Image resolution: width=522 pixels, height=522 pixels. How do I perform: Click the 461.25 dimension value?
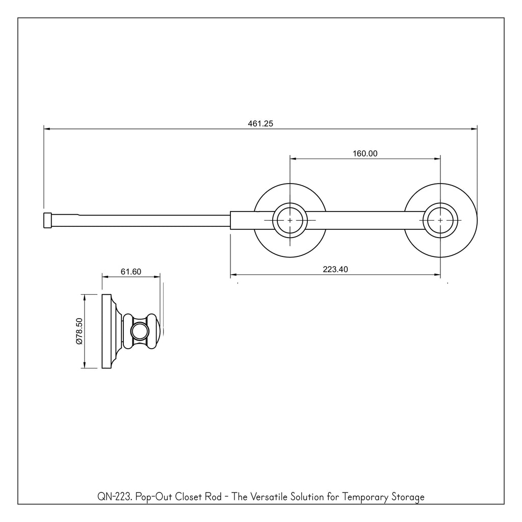[260, 123]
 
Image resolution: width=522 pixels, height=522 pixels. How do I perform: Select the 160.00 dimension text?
[365, 153]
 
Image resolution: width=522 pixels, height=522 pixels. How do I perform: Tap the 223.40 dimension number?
[335, 269]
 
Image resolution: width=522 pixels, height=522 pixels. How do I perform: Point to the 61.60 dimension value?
[131, 272]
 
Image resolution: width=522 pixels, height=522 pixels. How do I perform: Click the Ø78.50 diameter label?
[79, 331]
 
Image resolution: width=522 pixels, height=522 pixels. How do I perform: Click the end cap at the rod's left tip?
[47, 220]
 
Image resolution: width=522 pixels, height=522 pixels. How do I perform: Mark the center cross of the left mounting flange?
[290, 220]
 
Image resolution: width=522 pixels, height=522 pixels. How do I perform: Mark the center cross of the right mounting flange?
[440, 220]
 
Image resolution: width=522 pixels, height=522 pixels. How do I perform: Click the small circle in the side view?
[140, 331]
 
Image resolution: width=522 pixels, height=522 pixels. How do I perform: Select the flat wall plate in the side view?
[107, 331]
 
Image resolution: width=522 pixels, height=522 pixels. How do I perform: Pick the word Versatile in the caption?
[268, 497]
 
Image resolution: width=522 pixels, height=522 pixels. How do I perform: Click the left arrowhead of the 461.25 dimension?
[46, 129]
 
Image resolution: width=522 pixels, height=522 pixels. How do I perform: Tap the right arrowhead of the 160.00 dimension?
[437, 159]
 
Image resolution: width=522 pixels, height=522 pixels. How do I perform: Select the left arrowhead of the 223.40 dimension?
[233, 275]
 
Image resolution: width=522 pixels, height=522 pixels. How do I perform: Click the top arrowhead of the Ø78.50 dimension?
[85, 297]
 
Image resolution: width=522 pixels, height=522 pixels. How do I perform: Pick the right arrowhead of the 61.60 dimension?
[157, 277]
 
